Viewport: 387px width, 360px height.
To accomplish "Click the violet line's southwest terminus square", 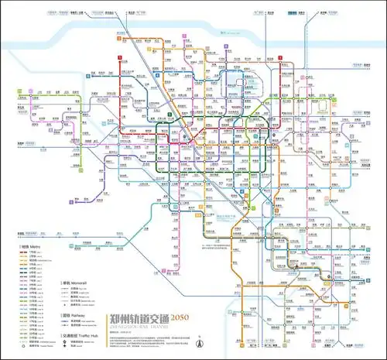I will point(72,200).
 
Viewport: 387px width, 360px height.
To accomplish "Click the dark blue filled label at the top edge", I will point(293,13).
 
